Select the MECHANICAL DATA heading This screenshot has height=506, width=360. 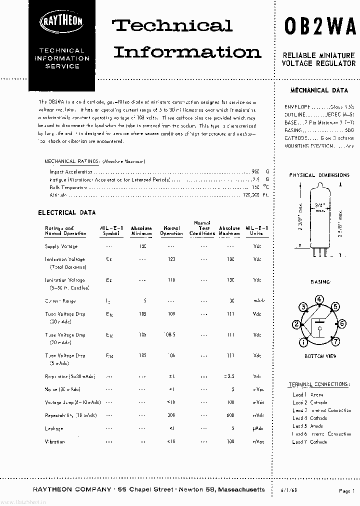click(319, 90)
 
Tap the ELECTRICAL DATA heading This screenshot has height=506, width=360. click(67, 212)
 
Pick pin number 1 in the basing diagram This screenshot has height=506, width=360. click(303, 342)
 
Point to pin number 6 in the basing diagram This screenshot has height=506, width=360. click(342, 324)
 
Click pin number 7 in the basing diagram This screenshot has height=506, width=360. click(335, 342)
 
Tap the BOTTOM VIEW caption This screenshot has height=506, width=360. click(320, 356)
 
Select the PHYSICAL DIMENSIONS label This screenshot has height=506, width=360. click(319, 175)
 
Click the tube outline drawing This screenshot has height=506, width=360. click(319, 220)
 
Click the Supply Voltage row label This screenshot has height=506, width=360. click(61, 246)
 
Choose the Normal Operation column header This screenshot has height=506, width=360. click(171, 230)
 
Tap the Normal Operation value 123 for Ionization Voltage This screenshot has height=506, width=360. click(171, 259)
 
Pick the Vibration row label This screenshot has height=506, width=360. click(55, 441)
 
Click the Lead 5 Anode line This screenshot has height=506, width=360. click(309, 426)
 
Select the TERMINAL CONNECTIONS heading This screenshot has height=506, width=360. click(318, 384)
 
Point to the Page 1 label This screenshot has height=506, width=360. click(346, 491)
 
